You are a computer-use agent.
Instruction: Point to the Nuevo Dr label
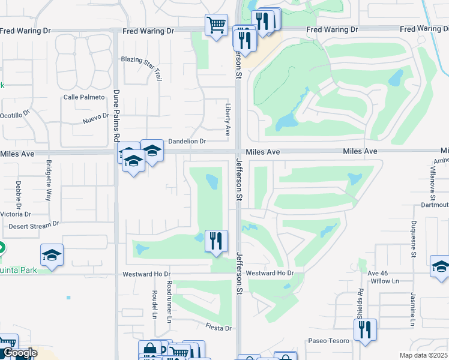point(96,119)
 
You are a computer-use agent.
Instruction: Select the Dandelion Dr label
point(187,142)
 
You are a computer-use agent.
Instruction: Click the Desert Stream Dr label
point(34,226)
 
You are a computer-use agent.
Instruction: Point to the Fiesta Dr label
point(218,328)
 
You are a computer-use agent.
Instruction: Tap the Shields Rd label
point(361,303)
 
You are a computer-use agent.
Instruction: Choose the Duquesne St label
point(414,241)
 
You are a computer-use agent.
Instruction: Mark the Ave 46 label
point(379,273)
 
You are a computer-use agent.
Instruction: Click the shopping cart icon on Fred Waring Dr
point(216,25)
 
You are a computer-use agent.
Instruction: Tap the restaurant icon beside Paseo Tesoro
point(364,329)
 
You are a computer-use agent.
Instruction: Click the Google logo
point(19,353)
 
